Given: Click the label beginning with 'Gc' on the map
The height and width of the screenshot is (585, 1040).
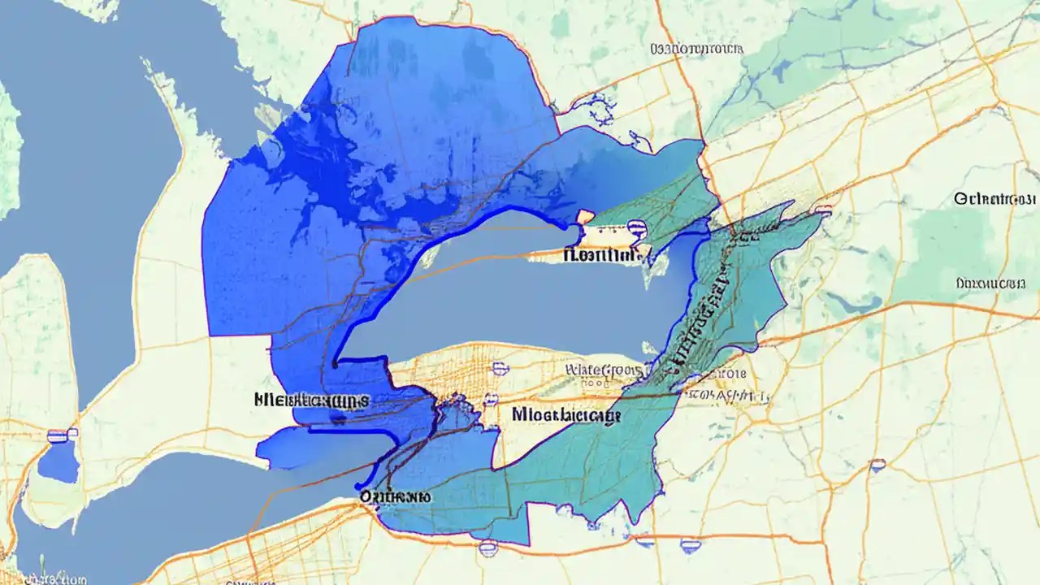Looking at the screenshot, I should [x=995, y=198].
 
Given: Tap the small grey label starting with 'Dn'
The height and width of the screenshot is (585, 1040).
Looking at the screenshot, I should [x=990, y=283].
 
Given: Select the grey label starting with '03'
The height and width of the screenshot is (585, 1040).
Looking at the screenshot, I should [x=697, y=50].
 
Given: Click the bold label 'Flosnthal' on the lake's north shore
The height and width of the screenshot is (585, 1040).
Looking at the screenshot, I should [x=602, y=255].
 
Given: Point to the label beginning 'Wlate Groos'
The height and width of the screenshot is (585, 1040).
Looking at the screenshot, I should [x=603, y=370].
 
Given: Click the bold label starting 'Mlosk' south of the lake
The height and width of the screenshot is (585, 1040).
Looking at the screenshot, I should [x=566, y=415].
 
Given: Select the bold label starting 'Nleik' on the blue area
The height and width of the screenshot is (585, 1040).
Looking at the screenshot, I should [x=311, y=400].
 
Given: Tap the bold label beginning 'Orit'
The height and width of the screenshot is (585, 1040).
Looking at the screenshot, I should [x=395, y=496].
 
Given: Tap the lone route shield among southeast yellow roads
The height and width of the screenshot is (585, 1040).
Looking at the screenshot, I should [x=877, y=466].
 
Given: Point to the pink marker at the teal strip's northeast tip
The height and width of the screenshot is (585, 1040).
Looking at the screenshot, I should [x=822, y=210].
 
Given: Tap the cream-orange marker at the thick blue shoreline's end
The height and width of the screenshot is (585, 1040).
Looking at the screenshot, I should [x=584, y=216].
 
